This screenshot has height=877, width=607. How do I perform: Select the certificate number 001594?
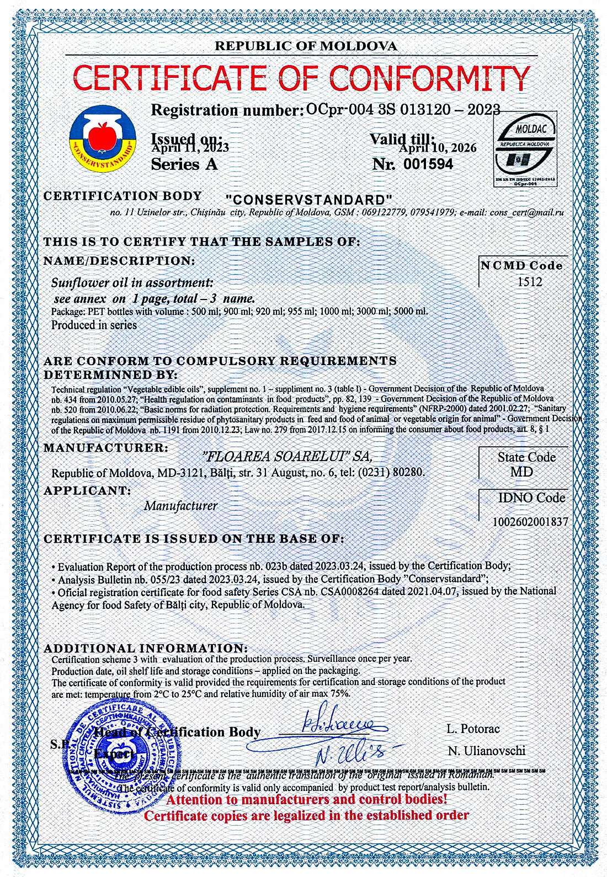point(428,164)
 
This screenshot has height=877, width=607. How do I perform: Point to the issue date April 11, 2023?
point(190,147)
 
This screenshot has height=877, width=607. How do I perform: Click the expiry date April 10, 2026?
point(438,148)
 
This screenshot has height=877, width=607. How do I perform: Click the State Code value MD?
point(521,472)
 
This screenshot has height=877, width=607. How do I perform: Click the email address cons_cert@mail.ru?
point(527,212)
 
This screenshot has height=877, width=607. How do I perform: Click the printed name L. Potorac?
point(473,729)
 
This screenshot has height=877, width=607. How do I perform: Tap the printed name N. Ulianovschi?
point(486,751)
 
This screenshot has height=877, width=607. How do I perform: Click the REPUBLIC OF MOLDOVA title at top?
point(306,46)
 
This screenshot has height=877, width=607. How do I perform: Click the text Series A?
point(184,164)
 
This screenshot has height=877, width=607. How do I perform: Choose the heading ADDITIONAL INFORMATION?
point(146,648)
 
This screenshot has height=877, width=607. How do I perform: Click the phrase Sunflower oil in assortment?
point(132,283)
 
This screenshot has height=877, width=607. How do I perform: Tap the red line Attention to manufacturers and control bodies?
point(307,799)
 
